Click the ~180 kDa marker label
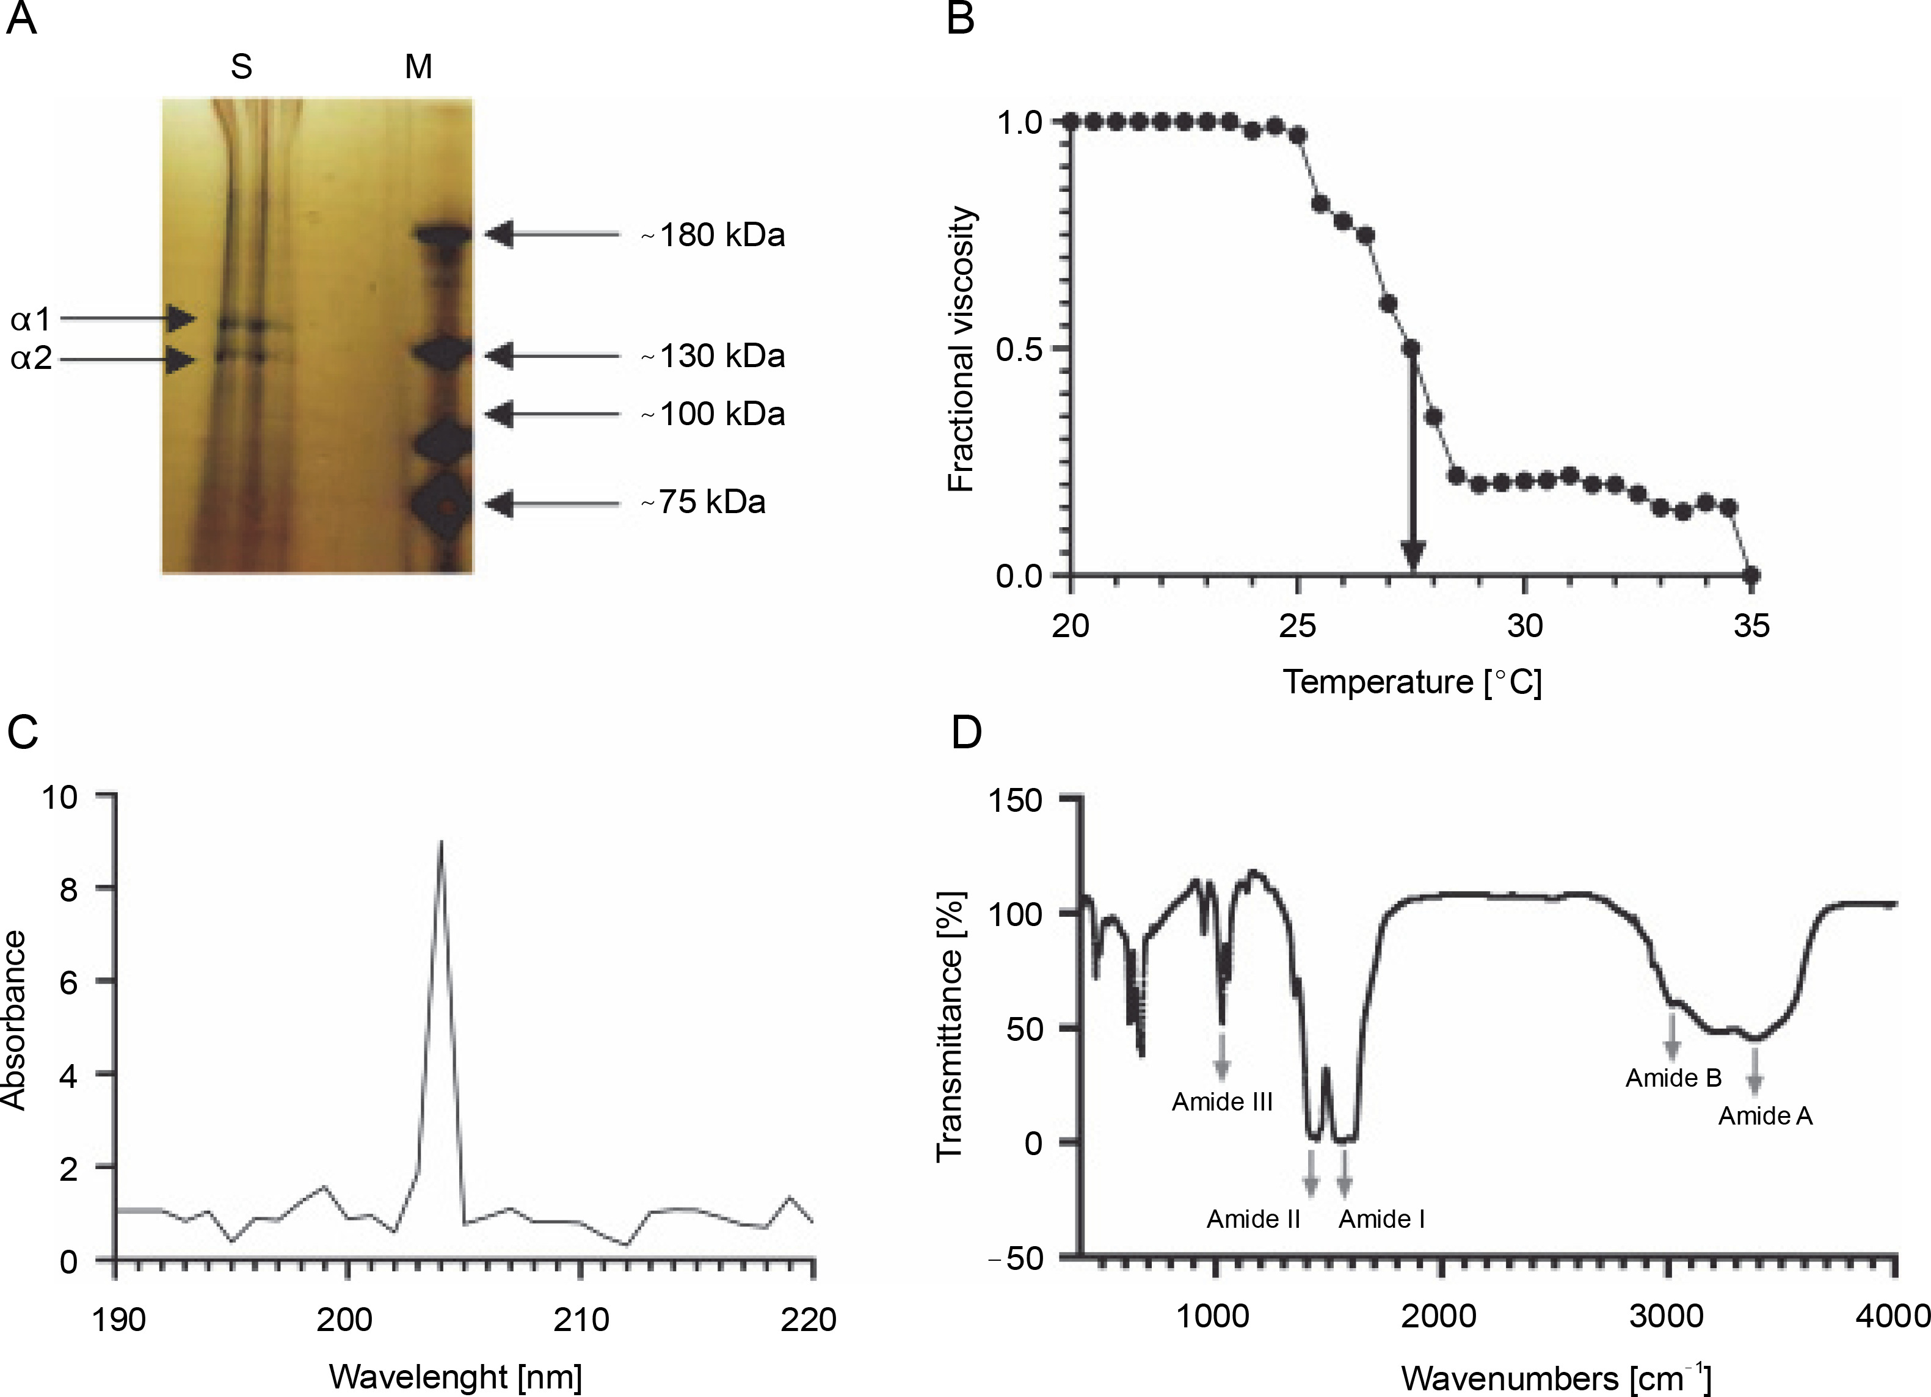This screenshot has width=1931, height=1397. pyautogui.click(x=713, y=235)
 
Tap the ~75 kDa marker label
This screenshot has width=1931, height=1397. pyautogui.click(x=704, y=503)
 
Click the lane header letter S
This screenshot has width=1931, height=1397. pyautogui.click(x=241, y=67)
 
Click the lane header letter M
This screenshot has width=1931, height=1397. pyautogui.click(x=418, y=67)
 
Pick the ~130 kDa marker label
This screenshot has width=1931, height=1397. pyautogui.click(x=713, y=356)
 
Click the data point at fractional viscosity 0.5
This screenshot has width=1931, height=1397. pyautogui.click(x=1411, y=348)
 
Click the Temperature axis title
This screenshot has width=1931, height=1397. pyautogui.click(x=1412, y=682)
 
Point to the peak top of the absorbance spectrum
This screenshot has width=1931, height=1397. pyautogui.click(x=440, y=842)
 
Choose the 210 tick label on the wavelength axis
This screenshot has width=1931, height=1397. pyautogui.click(x=581, y=1319)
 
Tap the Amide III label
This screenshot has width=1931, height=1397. pyautogui.click(x=1222, y=1101)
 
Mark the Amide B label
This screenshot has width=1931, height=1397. pyautogui.click(x=1673, y=1078)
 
